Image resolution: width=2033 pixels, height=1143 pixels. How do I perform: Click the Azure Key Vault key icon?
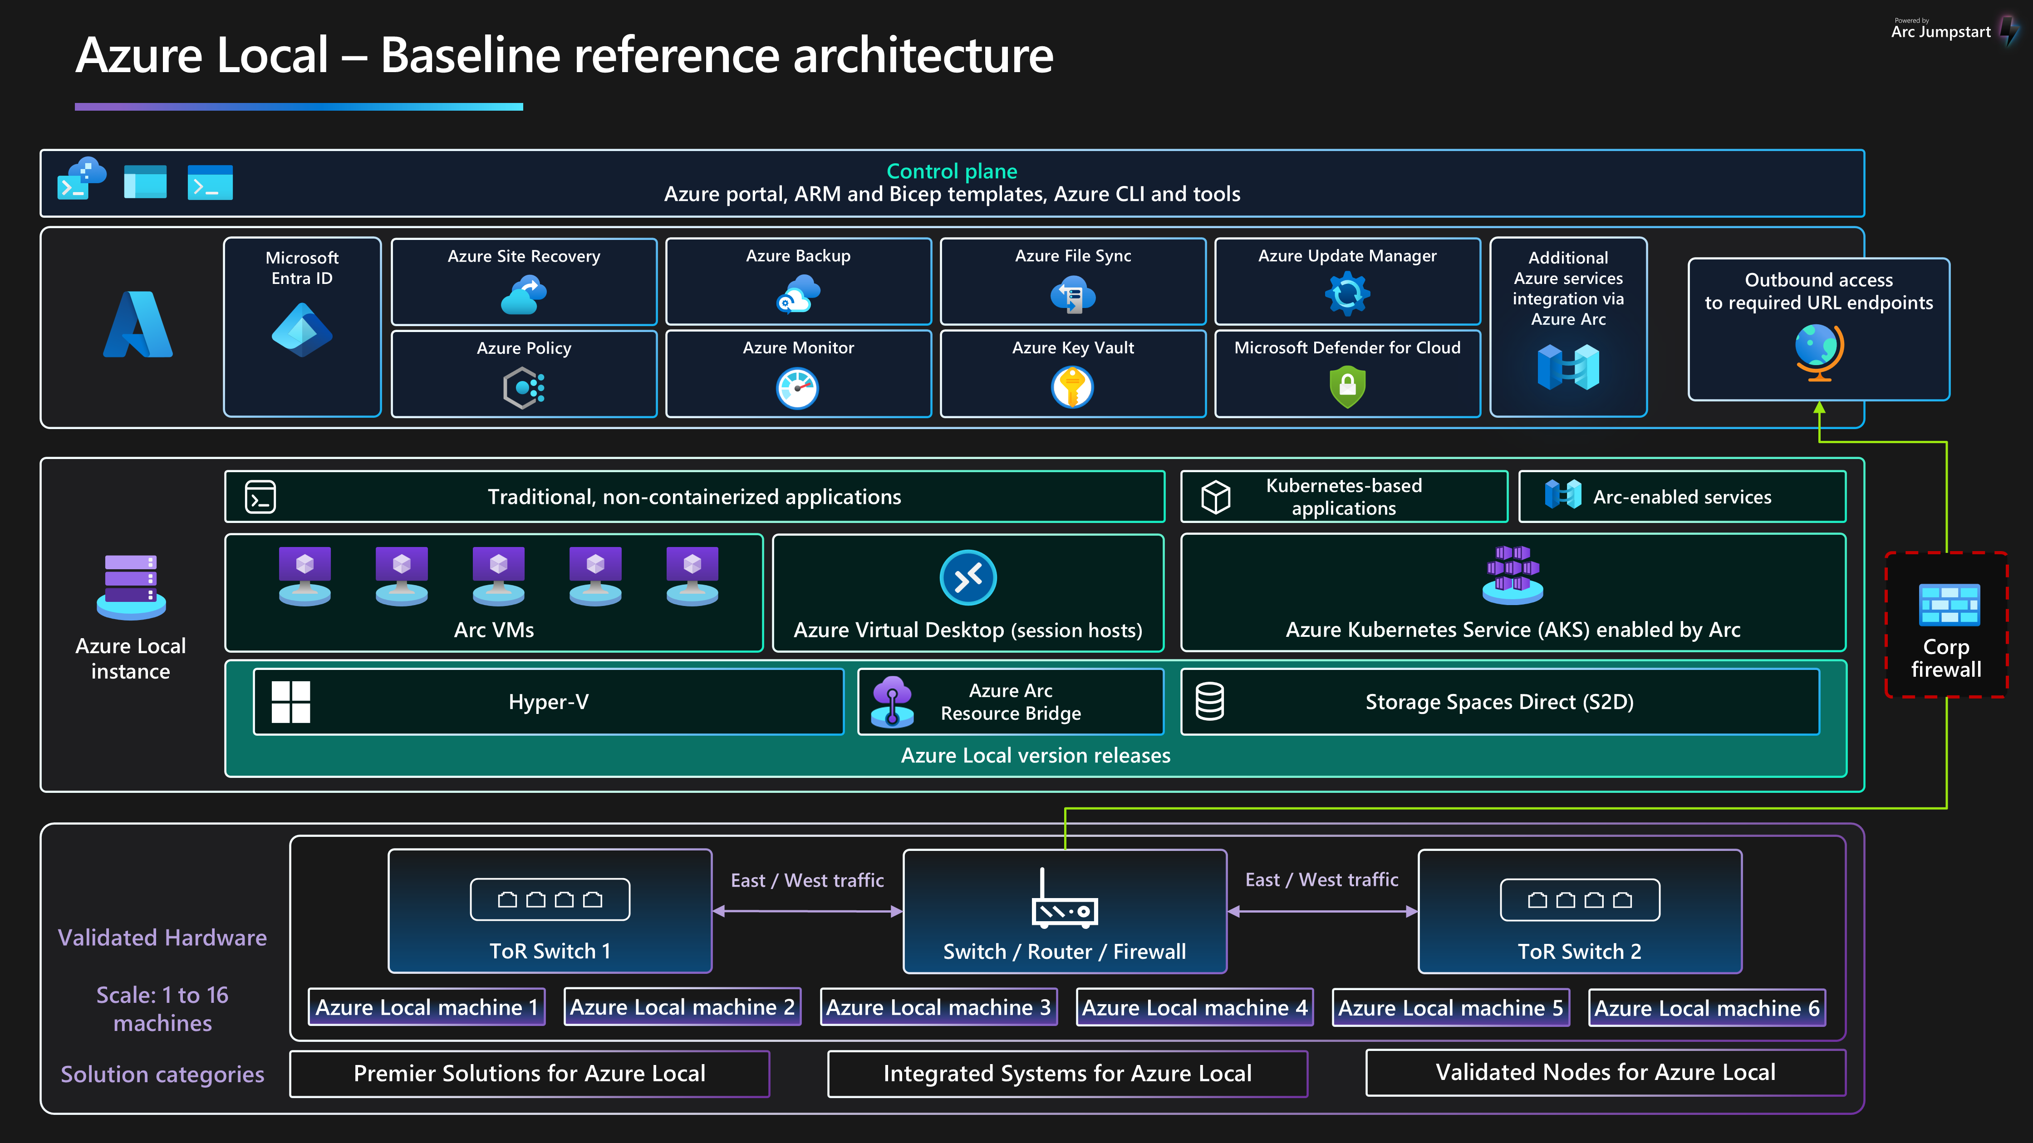[1072, 387]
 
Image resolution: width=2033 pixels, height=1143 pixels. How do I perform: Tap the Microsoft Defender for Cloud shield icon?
[1347, 387]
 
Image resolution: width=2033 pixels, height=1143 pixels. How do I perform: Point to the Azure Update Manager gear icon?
[1347, 293]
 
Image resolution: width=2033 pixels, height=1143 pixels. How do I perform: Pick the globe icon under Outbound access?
[1818, 351]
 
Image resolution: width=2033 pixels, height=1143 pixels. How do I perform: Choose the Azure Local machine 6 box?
[1706, 1007]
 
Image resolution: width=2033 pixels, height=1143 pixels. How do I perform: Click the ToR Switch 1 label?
[550, 951]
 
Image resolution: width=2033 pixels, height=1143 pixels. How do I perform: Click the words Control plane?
[952, 171]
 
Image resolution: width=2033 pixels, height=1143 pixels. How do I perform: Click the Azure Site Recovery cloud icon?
[524, 295]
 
